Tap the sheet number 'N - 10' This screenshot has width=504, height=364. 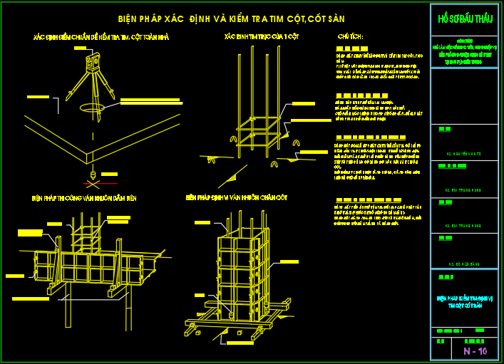pyautogui.click(x=474, y=351)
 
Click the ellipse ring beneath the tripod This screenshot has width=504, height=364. pyautogui.click(x=93, y=109)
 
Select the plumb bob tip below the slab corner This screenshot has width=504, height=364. pyautogui.click(x=93, y=173)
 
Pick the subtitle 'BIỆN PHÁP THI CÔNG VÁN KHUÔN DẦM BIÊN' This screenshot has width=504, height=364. pyautogui.click(x=83, y=197)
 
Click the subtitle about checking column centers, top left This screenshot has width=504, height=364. pyautogui.click(x=101, y=36)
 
